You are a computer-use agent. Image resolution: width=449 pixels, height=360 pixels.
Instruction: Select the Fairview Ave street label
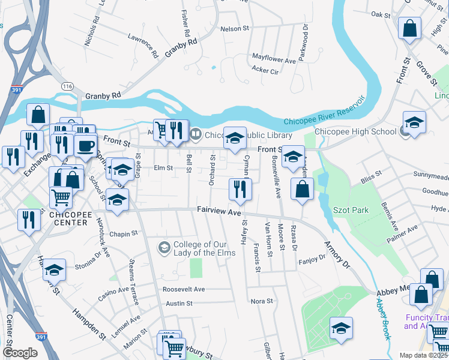[219, 211]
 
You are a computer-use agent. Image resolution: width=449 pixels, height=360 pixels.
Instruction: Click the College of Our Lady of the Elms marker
[164, 247]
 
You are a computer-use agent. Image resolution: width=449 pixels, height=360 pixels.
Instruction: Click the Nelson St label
[234, 28]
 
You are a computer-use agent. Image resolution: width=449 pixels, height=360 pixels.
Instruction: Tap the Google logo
[20, 353]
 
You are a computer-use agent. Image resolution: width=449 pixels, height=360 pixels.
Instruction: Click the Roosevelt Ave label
[184, 289]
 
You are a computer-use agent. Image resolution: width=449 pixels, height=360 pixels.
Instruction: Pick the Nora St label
[262, 301]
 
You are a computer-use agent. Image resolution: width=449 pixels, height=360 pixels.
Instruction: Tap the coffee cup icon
[86, 145]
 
